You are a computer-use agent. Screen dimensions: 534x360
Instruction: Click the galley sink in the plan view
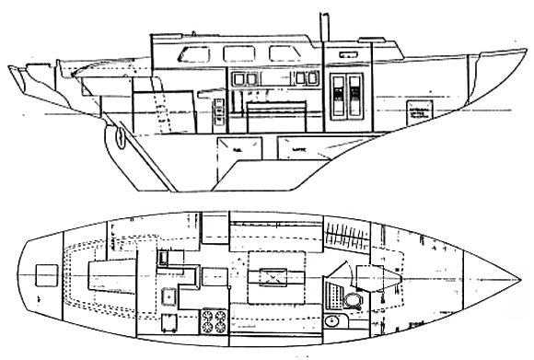(170, 296)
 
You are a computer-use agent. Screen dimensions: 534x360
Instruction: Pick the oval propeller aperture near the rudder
(117, 138)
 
